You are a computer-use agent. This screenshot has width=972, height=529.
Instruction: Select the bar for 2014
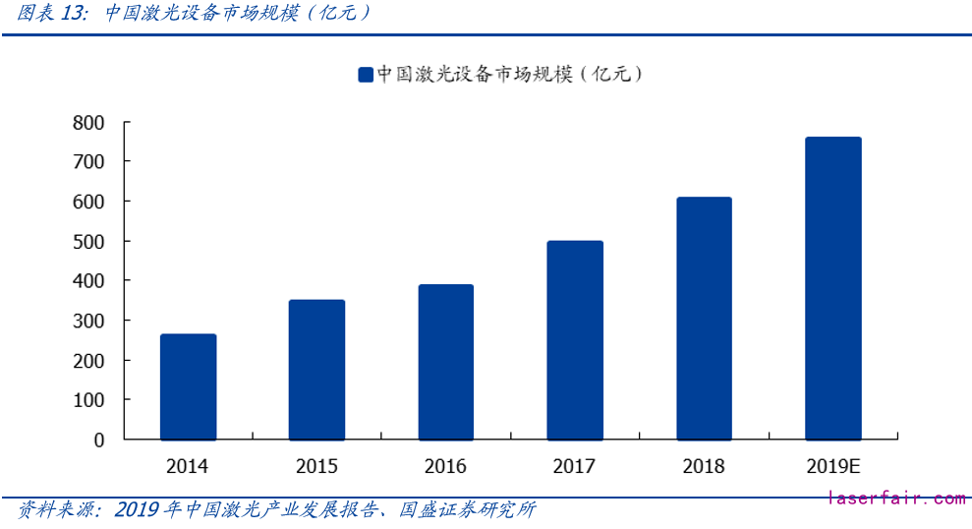(188, 386)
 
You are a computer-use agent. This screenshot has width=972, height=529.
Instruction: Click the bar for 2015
(316, 370)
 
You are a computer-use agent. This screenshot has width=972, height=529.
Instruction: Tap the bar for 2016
(445, 362)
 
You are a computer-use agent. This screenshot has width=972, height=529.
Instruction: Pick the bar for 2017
(575, 340)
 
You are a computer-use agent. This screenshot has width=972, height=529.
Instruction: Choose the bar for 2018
(704, 319)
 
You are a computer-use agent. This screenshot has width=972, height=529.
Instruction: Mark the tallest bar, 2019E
(832, 288)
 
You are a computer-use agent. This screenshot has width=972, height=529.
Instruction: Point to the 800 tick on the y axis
(88, 122)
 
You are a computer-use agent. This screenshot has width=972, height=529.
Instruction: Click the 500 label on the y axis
(88, 241)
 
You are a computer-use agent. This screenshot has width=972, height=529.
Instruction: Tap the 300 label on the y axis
(88, 321)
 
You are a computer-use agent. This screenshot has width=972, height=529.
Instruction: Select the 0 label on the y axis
(98, 441)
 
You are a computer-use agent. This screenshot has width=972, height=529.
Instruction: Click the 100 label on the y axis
(88, 400)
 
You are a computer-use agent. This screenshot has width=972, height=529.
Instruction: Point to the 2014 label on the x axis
(188, 466)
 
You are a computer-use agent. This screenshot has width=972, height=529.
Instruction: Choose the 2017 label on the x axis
(575, 466)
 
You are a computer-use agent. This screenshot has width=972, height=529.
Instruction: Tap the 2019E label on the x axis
(832, 466)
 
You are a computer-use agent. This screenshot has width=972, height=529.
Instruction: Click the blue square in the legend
(365, 75)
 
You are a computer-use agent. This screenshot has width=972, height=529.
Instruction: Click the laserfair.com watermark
(897, 500)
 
